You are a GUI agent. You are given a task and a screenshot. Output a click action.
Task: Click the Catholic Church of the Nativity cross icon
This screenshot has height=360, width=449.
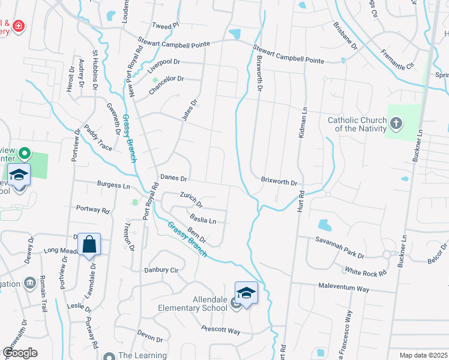tap(396, 124)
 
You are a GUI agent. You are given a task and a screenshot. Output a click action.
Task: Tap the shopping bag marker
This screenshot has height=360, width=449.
tap(89, 244)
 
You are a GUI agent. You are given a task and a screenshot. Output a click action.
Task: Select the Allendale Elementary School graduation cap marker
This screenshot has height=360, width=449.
tap(246, 293)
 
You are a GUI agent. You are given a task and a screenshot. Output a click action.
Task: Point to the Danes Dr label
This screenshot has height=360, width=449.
tap(175, 178)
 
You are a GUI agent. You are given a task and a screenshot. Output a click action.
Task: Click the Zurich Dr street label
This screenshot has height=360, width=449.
tap(191, 199)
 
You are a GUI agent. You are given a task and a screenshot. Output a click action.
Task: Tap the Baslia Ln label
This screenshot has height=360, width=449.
tap(202, 219)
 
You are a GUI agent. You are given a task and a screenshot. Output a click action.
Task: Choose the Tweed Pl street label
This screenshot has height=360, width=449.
tap(166, 26)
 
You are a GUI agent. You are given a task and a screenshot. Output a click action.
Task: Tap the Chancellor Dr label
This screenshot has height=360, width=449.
tap(166, 85)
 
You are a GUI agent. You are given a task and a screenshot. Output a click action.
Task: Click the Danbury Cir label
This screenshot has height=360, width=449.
tap(161, 270)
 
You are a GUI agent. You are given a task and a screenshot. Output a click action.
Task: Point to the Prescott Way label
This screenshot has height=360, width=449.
tap(221, 331)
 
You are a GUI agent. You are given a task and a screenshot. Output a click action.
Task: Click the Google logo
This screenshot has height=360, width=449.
tap(20, 352)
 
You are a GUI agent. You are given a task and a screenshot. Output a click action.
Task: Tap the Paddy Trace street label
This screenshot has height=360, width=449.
tap(97, 137)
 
